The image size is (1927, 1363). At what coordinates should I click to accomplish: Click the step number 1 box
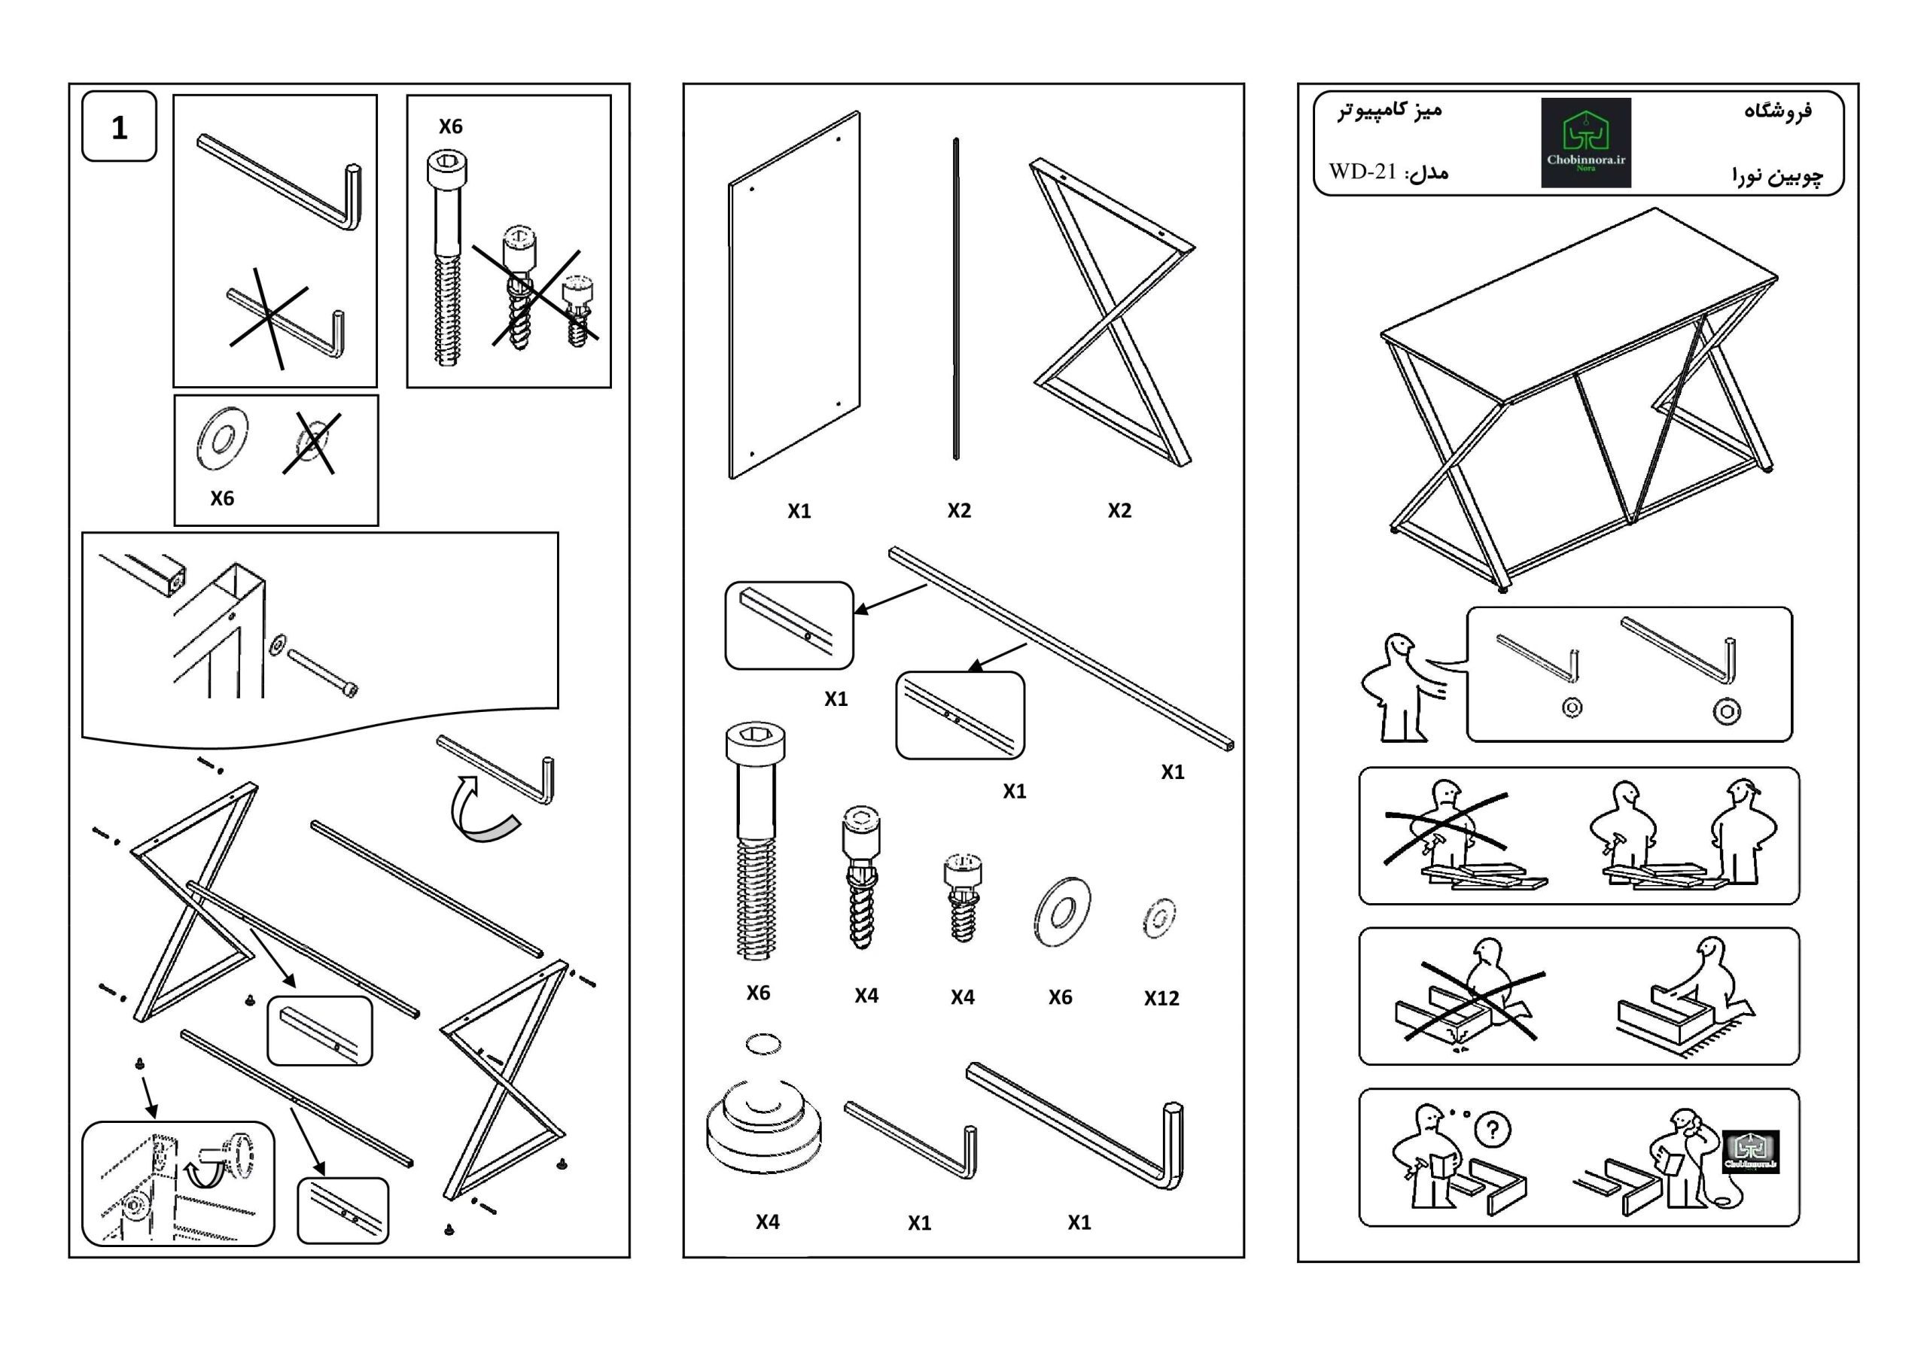119,126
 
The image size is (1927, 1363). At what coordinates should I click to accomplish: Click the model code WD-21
1362,172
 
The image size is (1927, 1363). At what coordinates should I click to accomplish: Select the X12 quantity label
1161,998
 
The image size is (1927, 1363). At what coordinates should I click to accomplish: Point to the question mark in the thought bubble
1491,1129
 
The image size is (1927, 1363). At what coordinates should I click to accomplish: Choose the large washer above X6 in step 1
222,438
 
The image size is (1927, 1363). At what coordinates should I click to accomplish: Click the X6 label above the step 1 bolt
450,126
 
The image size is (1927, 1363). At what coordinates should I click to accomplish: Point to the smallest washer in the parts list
1159,918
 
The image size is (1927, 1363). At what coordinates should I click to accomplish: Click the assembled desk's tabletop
1578,302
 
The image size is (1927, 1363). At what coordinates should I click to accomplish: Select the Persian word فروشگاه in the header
1778,111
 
